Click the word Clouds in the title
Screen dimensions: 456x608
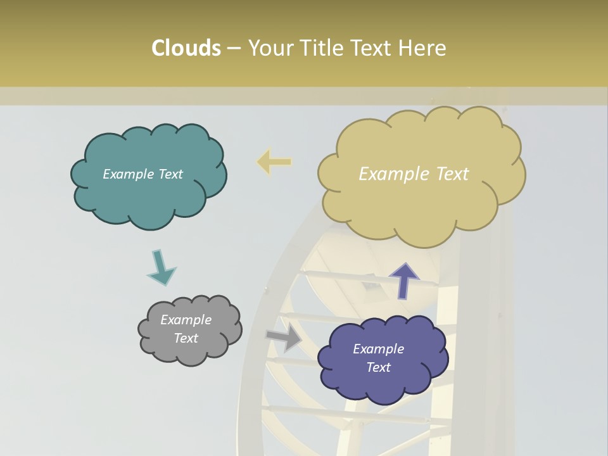[186, 48]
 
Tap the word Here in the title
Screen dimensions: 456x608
[422, 48]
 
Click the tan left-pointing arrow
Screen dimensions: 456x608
[274, 162]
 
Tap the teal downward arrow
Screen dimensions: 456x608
[161, 267]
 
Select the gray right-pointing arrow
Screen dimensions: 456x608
[284, 337]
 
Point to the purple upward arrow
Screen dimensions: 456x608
[404, 281]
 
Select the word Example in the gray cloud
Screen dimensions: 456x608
[186, 320]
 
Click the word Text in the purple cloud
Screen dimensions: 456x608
[378, 367]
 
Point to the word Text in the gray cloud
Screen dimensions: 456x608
[186, 338]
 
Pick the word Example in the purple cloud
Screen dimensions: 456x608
[378, 349]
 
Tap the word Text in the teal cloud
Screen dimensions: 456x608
[170, 174]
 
